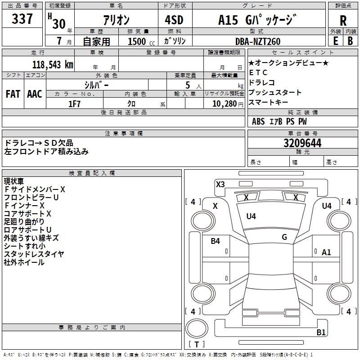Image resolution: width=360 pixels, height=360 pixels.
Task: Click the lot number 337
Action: pyautogui.click(x=22, y=19)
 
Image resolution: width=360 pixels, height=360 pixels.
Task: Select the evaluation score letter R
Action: pyautogui.click(x=343, y=21)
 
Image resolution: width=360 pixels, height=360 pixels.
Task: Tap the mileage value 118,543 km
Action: pyautogui.click(x=53, y=64)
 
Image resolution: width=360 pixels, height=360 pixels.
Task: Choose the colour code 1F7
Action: pyautogui.click(x=74, y=104)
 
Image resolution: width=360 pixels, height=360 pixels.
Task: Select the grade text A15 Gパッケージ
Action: pyautogui.click(x=257, y=20)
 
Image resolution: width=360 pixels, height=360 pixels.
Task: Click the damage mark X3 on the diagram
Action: pyautogui.click(x=220, y=184)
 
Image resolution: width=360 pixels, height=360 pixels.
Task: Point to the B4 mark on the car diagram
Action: pyautogui.click(x=216, y=241)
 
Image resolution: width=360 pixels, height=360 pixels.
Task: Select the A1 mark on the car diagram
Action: pyautogui.click(x=326, y=252)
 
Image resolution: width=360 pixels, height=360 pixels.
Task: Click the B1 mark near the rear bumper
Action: pyautogui.click(x=321, y=333)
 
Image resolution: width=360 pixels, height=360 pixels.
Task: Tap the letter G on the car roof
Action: pyautogui.click(x=284, y=237)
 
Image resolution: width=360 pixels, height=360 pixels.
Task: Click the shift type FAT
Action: pyautogui.click(x=13, y=94)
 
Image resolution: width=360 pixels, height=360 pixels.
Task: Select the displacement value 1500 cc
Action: pyautogui.click(x=137, y=41)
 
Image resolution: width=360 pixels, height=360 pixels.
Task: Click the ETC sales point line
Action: pyautogui.click(x=258, y=72)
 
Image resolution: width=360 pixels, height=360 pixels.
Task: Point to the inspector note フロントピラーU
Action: pyautogui.click(x=31, y=198)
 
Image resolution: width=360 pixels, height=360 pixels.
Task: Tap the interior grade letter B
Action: pyautogui.click(x=350, y=41)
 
